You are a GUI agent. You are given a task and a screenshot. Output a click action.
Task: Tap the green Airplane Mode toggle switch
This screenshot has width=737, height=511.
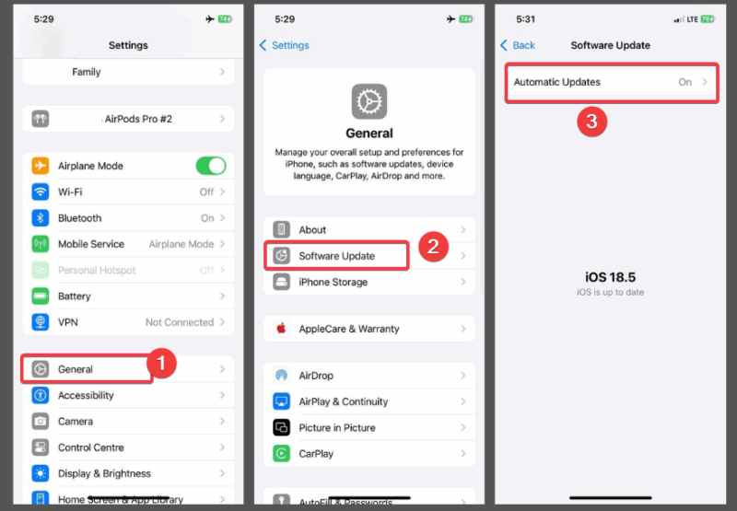[210, 166]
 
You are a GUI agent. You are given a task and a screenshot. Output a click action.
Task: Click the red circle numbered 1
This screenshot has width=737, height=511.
[162, 365]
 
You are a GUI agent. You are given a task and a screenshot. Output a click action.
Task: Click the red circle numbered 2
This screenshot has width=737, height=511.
[433, 247]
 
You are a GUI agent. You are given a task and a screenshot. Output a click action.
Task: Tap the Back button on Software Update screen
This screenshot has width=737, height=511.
[518, 45]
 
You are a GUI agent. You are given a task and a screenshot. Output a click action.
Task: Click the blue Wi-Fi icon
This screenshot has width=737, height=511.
[41, 192]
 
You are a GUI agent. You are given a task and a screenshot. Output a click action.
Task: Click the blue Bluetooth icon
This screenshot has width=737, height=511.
[41, 218]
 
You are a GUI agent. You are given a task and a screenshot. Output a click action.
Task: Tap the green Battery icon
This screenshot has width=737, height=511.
[41, 296]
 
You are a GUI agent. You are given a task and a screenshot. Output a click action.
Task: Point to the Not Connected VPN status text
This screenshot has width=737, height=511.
[180, 322]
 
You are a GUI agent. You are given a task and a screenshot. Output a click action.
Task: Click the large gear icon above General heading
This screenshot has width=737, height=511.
[369, 101]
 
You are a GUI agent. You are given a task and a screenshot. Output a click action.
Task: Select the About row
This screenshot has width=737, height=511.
[368, 230]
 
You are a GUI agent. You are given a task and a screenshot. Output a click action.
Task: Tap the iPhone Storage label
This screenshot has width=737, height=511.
[333, 283]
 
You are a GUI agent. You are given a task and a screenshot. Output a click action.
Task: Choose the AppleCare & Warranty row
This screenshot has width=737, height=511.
[368, 329]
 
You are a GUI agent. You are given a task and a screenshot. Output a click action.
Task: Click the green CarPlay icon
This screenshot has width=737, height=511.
[282, 454]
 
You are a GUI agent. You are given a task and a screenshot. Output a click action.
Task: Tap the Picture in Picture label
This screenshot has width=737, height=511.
[336, 428]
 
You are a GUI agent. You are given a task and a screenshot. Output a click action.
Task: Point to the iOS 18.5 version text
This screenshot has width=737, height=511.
[611, 277]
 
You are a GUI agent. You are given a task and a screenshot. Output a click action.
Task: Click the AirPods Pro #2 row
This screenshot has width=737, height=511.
[128, 120]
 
